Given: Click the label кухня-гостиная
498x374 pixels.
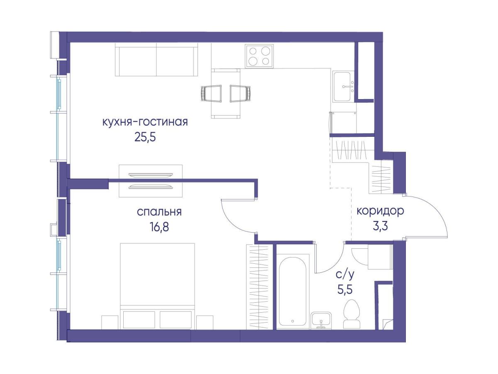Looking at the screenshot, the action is [145, 122].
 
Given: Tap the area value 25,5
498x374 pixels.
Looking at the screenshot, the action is [145, 137].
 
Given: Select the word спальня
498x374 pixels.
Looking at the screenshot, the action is [159, 212].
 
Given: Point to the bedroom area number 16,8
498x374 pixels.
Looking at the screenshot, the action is [159, 227].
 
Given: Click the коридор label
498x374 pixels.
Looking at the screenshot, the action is [380, 211].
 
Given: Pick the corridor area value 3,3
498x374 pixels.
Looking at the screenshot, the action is [380, 226].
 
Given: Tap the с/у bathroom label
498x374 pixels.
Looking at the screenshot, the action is [345, 275].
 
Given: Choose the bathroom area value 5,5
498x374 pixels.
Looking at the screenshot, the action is [345, 289].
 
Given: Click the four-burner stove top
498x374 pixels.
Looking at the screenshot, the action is [259, 56].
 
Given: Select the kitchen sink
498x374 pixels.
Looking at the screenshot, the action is [343, 87].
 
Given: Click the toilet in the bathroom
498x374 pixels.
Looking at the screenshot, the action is [352, 314].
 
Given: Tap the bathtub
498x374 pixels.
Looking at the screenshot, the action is [293, 292].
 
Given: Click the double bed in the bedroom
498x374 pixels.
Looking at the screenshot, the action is [157, 286].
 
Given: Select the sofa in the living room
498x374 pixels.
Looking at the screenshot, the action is [156, 60].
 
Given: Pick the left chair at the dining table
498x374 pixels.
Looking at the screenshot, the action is [211, 93].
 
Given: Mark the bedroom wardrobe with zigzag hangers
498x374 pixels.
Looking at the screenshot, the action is [259, 287].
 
